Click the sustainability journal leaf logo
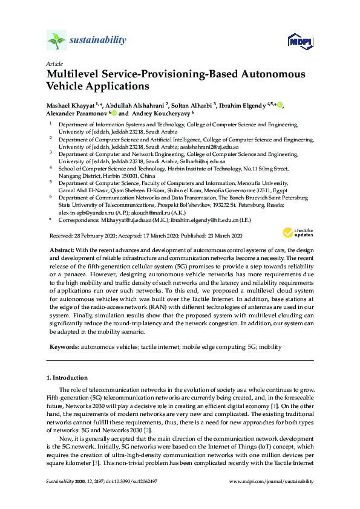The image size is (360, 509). point(56,41)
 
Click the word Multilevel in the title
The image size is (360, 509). point(71,75)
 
